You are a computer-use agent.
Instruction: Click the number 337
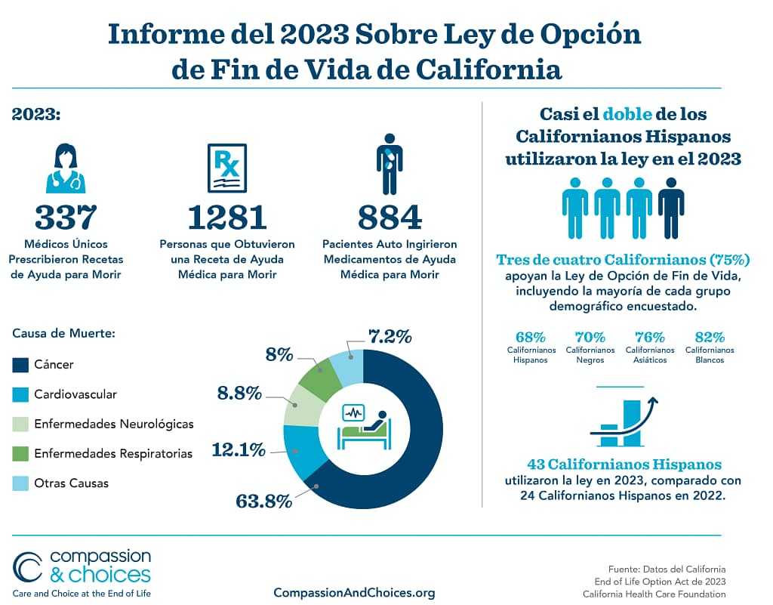click(66, 218)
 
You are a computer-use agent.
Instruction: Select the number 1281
click(227, 218)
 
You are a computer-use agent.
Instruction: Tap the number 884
click(390, 218)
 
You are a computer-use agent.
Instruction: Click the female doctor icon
click(66, 168)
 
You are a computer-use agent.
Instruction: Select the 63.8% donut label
click(264, 501)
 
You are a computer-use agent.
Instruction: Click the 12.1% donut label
click(239, 450)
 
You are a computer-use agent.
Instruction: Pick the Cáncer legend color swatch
click(20, 365)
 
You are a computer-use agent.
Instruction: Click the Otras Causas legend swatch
click(20, 483)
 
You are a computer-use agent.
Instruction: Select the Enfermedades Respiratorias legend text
click(113, 453)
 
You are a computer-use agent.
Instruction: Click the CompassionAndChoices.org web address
click(354, 592)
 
